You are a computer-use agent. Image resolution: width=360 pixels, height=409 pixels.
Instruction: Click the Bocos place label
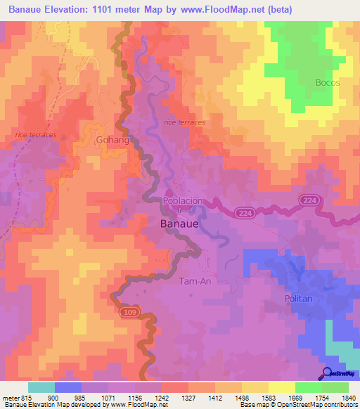[328, 82]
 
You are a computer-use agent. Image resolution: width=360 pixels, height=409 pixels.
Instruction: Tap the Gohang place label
[112, 141]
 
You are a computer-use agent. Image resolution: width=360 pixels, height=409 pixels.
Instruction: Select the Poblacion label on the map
[183, 201]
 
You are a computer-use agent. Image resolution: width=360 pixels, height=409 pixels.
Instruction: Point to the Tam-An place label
[195, 280]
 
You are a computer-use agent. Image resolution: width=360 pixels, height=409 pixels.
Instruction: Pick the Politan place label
[298, 299]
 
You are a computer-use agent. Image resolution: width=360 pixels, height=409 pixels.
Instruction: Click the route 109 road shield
[128, 310]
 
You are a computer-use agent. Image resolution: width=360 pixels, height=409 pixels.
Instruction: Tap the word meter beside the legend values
[10, 398]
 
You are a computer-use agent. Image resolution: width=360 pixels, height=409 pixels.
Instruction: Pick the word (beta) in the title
[280, 9]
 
